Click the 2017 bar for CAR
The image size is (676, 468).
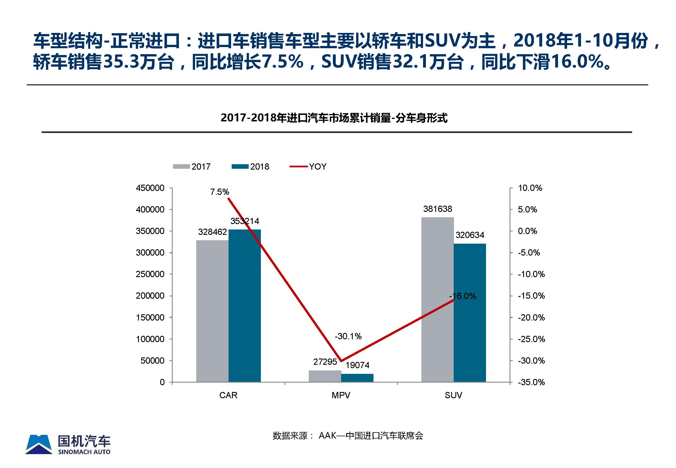pos(212,311)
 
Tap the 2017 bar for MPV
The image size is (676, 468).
pos(325,376)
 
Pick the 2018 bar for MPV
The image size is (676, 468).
pos(357,378)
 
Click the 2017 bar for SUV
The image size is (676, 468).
pos(437,300)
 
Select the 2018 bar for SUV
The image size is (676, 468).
pos(470,313)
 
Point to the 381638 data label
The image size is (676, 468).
pos(437,209)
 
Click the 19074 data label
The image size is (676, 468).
pos(357,365)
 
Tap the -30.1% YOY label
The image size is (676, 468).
pos(348,336)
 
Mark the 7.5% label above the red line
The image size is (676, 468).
pos(219,192)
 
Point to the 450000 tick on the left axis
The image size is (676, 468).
pos(150,188)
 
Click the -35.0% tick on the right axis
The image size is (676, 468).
pos(531,382)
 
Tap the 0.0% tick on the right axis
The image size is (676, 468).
pos(527,231)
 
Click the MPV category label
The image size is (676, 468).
pos(341,395)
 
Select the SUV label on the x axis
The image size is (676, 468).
pos(453,395)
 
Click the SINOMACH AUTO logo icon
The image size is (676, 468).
pos(39,444)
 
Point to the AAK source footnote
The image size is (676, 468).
pos(348,436)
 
